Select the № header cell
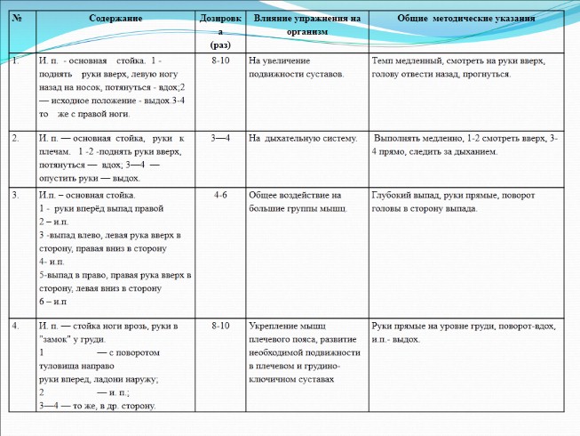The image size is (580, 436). pyautogui.click(x=17, y=19)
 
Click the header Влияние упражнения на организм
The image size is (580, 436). pyautogui.click(x=306, y=24)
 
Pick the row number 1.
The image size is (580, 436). pyautogui.click(x=16, y=61)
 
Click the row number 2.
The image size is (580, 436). pyautogui.click(x=16, y=139)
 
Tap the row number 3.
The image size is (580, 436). pyautogui.click(x=16, y=194)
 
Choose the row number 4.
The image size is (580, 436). pyautogui.click(x=16, y=327)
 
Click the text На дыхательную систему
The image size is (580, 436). pyautogui.click(x=303, y=139)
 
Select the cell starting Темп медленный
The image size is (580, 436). pyautogui.click(x=457, y=68)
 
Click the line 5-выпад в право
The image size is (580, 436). pyautogui.click(x=114, y=275)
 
